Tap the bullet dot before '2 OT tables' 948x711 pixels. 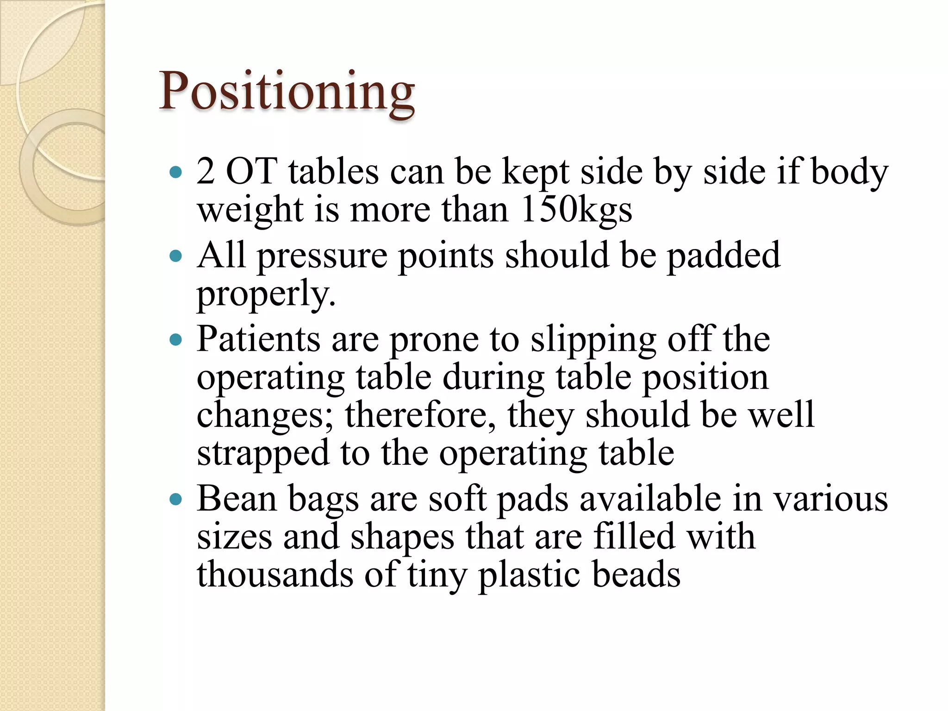(x=176, y=173)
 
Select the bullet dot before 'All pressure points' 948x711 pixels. (x=176, y=256)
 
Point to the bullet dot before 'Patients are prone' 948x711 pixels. (x=176, y=340)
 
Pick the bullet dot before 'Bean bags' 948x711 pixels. (x=176, y=500)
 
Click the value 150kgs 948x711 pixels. (x=576, y=210)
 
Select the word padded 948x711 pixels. (x=723, y=256)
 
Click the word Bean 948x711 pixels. (x=237, y=499)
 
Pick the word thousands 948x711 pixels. (x=275, y=574)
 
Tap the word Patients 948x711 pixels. (x=258, y=339)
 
